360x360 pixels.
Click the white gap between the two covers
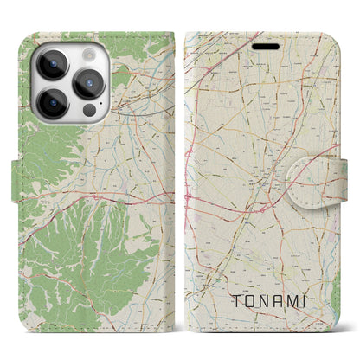(x=183, y=173)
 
